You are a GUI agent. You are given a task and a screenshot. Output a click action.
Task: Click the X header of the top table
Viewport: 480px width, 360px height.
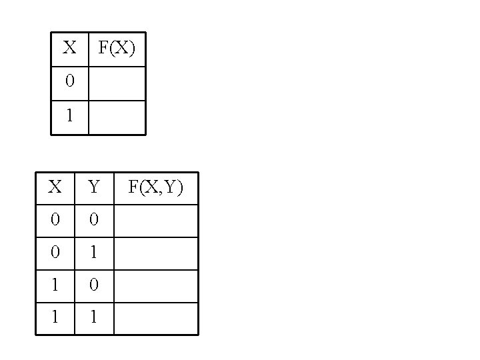tap(69, 48)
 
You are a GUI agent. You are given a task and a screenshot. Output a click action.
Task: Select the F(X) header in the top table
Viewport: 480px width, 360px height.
tap(117, 48)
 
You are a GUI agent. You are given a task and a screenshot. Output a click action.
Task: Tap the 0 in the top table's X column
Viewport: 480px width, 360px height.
tap(70, 82)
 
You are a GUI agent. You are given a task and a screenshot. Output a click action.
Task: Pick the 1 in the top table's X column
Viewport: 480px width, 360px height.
tap(70, 116)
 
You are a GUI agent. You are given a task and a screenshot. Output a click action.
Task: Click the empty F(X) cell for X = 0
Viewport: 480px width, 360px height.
tap(117, 83)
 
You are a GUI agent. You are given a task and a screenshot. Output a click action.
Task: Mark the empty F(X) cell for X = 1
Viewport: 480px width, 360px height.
tap(117, 117)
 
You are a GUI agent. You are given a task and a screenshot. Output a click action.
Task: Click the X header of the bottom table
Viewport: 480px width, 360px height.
tap(55, 187)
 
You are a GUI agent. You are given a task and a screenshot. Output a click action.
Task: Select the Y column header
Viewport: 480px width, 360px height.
tap(94, 187)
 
